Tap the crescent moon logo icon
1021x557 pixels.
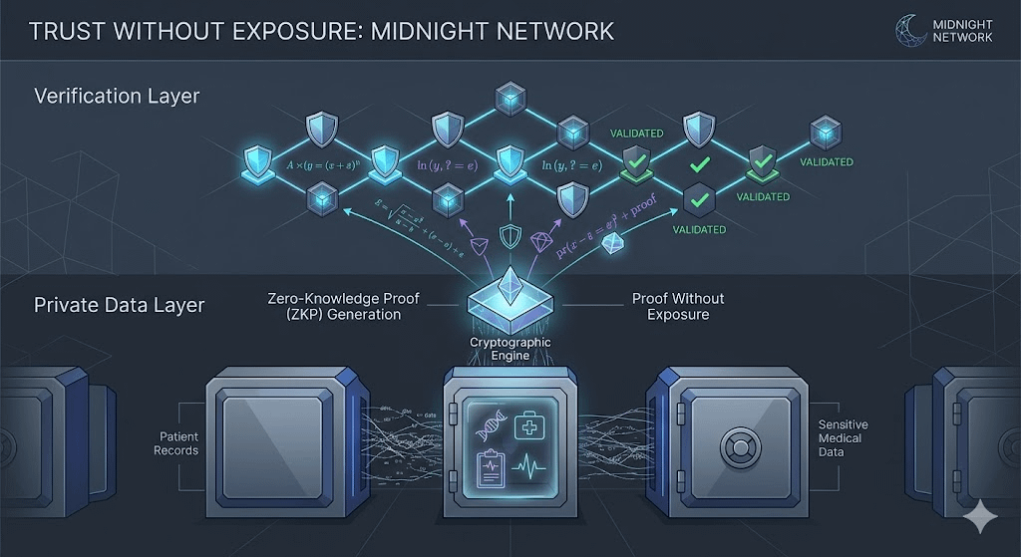tap(911, 30)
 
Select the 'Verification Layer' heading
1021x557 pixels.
tap(117, 97)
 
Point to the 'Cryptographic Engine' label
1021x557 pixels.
tap(510, 349)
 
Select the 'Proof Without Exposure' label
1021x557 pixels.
tap(678, 306)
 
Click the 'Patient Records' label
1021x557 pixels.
tap(178, 443)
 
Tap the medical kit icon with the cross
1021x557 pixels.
tap(529, 425)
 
